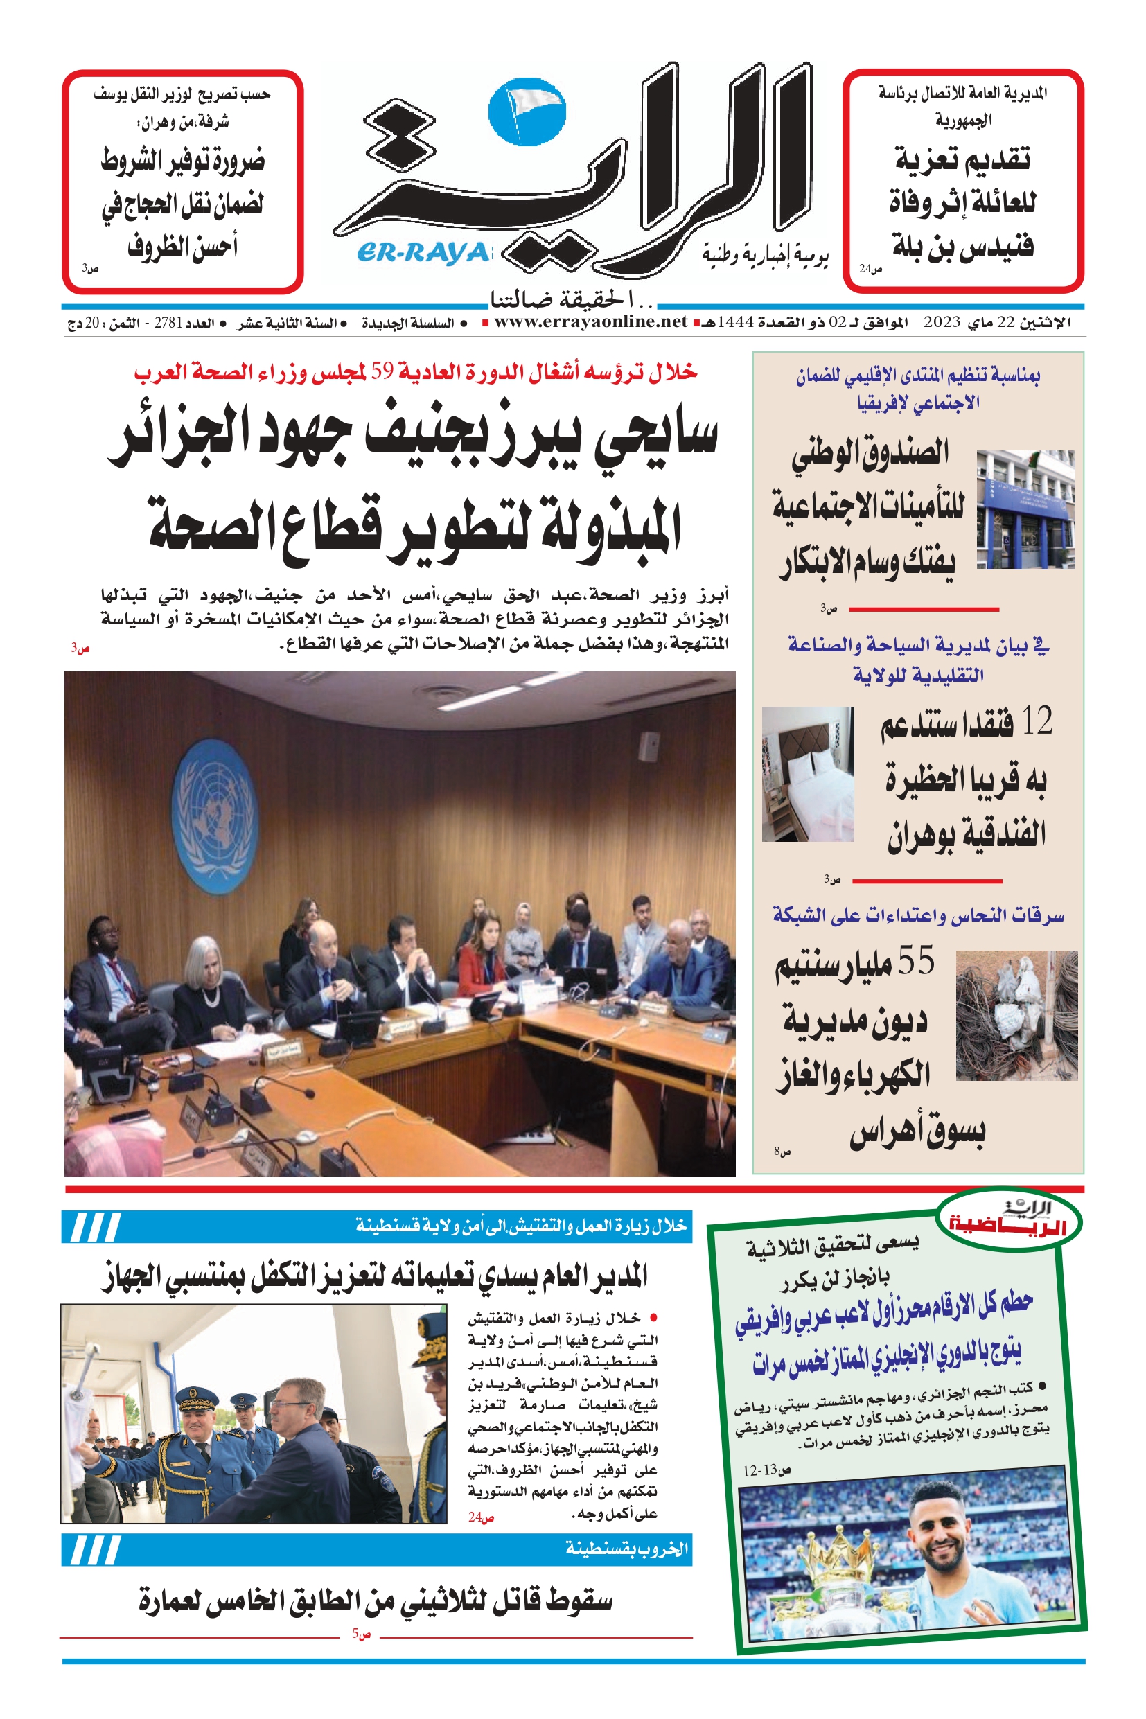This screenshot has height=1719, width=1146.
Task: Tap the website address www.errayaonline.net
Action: [x=590, y=322]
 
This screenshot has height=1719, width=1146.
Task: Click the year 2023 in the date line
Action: [x=942, y=322]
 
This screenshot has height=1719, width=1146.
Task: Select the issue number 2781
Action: [x=168, y=323]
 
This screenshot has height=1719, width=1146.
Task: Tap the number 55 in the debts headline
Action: [x=917, y=961]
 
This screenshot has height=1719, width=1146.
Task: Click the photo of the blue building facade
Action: [x=1025, y=509]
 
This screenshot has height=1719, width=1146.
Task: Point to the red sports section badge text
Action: [x=1008, y=1226]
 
